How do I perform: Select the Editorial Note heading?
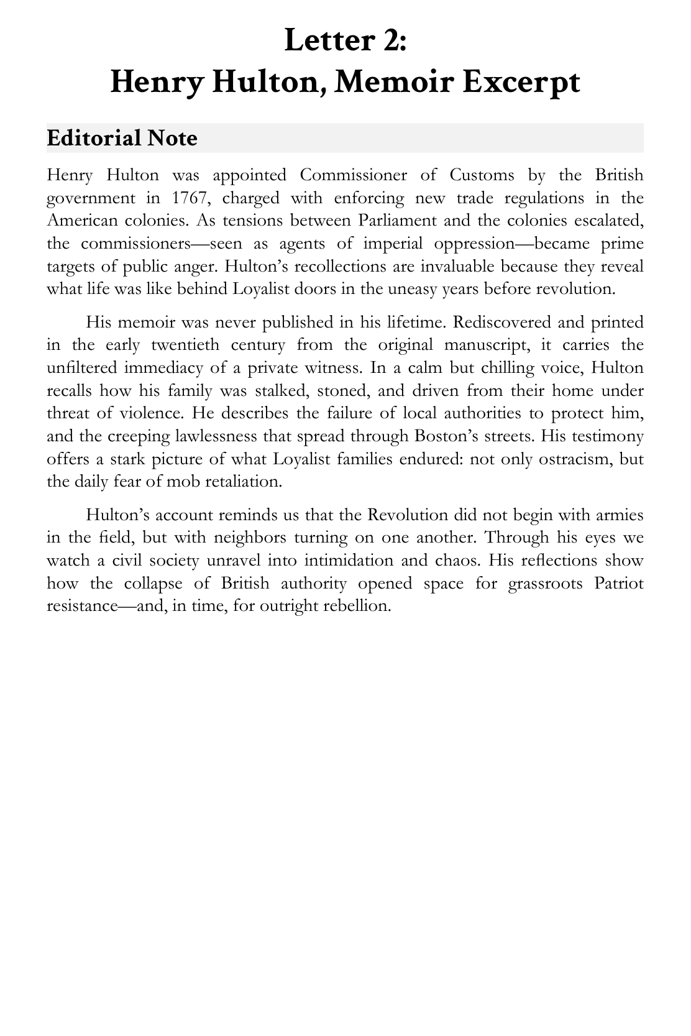click(122, 138)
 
